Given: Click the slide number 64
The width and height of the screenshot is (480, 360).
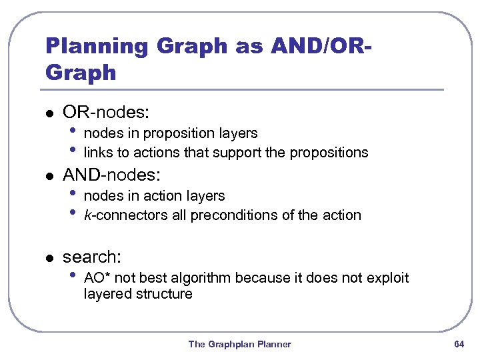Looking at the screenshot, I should (459, 344).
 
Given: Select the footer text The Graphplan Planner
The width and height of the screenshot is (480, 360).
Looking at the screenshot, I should (239, 344).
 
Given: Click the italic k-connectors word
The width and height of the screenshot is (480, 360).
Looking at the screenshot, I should (117, 215).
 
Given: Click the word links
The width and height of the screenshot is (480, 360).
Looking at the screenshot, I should (98, 153).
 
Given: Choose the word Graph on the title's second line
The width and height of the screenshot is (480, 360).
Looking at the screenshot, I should (81, 72).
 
